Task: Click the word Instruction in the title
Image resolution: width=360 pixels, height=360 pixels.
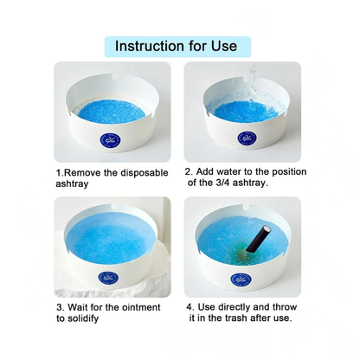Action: [x=150, y=46]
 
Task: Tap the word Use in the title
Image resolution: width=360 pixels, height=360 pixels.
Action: [x=224, y=46]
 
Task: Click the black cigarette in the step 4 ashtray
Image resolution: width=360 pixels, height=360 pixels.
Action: [x=258, y=239]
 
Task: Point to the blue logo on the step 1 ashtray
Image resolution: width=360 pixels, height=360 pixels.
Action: [x=110, y=139]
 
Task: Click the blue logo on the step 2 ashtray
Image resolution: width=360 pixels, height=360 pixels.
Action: [x=247, y=138]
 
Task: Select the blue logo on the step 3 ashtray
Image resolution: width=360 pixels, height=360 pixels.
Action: [x=108, y=278]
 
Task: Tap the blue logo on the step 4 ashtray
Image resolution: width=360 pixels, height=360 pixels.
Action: [x=241, y=280]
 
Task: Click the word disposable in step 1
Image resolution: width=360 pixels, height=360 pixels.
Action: [x=145, y=173]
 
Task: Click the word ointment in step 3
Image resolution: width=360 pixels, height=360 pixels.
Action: [x=141, y=307]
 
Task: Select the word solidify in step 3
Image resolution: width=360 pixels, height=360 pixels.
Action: [x=82, y=318]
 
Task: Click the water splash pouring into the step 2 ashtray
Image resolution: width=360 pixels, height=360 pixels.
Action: [x=253, y=82]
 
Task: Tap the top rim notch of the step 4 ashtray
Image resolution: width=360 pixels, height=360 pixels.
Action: [x=247, y=207]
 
